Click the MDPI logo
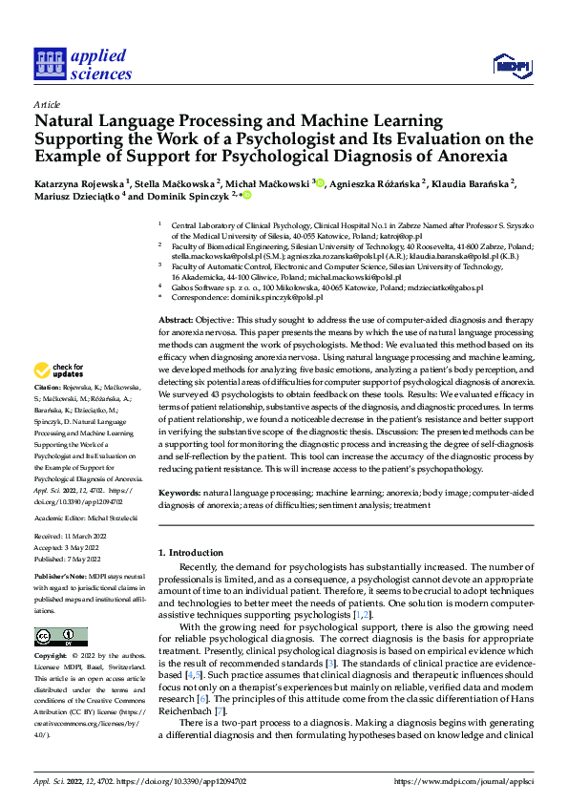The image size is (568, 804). click(511, 65)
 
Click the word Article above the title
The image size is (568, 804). click(47, 104)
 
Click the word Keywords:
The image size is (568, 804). click(179, 491)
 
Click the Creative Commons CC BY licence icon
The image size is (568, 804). click(60, 636)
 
